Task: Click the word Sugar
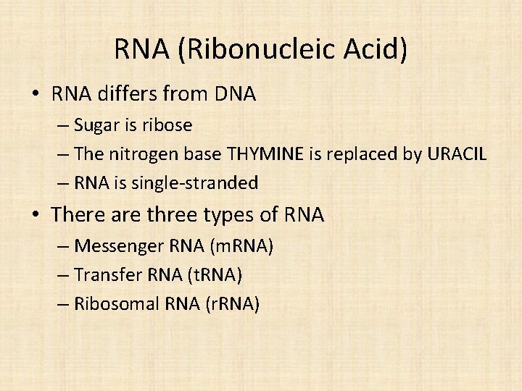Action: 100,125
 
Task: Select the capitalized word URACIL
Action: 457,154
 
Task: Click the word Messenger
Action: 120,246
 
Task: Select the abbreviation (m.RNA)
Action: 241,246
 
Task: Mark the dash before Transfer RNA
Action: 63,275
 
